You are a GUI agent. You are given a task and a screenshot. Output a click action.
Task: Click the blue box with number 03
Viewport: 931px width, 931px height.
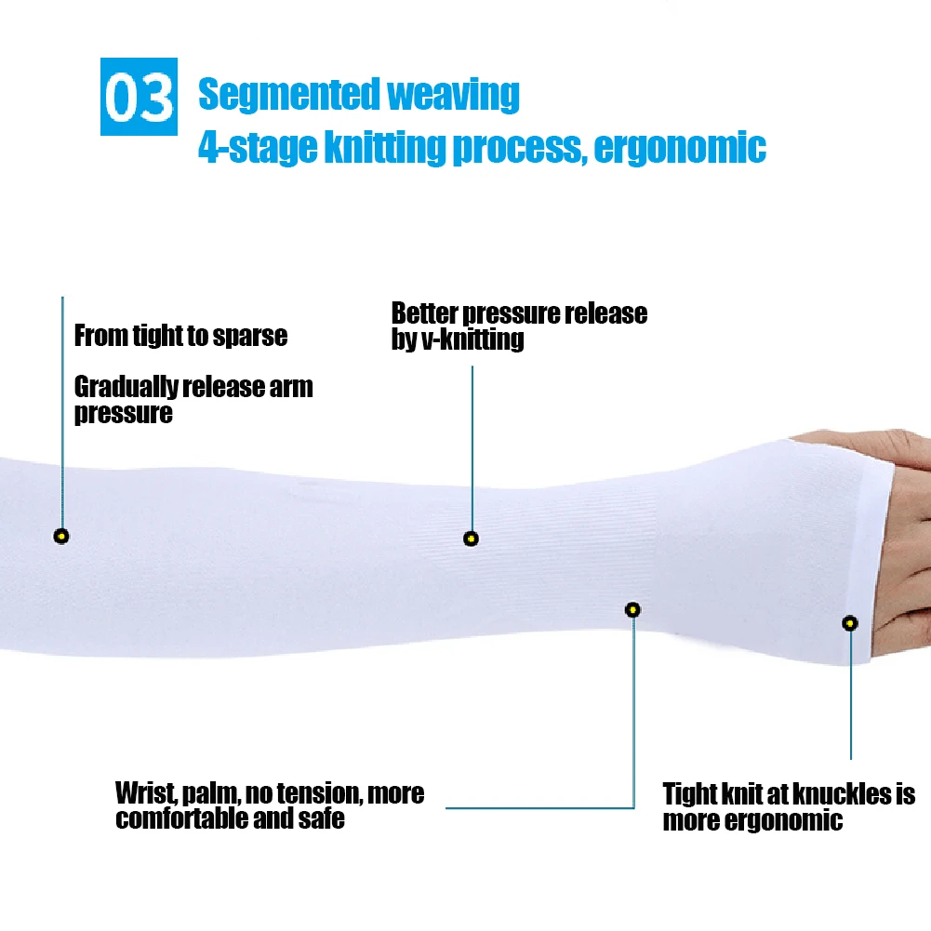[138, 98]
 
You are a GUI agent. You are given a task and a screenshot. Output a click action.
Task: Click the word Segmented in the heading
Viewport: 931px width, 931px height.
[288, 95]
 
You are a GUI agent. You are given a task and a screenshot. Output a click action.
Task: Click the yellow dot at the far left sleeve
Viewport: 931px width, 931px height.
[61, 536]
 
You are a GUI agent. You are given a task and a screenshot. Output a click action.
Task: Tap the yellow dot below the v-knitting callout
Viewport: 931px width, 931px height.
[472, 539]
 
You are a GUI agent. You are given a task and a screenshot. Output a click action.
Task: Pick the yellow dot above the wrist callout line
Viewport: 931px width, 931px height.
[633, 610]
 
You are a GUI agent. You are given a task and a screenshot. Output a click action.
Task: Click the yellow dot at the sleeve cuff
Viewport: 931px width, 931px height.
[849, 623]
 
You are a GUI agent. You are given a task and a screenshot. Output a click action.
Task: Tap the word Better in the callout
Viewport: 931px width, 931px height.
[424, 313]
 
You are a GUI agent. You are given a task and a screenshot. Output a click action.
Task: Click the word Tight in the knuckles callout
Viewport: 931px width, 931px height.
[689, 795]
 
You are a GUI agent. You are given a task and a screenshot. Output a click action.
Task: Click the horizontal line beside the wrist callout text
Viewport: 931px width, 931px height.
[539, 807]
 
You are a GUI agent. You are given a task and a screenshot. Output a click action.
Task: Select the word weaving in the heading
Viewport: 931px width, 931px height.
[453, 95]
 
